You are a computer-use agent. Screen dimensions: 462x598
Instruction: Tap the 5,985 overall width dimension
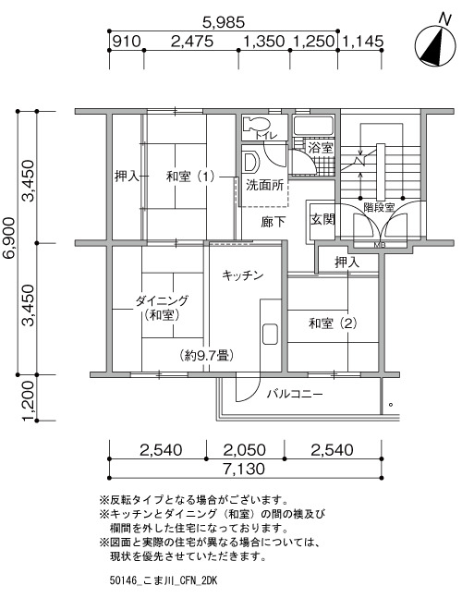[224, 22]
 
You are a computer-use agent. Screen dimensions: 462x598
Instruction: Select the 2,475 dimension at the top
[192, 42]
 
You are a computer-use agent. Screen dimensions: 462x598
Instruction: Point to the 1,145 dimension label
[361, 42]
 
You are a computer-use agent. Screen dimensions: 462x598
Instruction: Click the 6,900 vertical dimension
[8, 244]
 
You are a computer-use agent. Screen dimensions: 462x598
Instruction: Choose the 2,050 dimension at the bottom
[244, 450]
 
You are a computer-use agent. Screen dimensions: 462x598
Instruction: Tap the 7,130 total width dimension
[244, 469]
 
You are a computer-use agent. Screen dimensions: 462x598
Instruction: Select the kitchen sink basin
[270, 335]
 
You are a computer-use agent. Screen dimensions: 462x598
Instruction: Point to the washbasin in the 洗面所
[250, 162]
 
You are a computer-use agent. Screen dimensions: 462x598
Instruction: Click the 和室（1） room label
[190, 177]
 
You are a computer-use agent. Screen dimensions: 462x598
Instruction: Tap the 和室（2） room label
[333, 323]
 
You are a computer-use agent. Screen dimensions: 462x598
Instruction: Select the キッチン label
[243, 275]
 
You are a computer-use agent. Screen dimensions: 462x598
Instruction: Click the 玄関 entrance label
[323, 219]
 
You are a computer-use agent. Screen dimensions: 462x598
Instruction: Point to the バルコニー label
[295, 394]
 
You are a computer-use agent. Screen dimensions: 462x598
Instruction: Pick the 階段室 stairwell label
[379, 207]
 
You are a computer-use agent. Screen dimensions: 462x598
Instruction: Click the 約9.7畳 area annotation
[206, 356]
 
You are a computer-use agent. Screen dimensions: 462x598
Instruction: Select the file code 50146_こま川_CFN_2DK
[163, 580]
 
